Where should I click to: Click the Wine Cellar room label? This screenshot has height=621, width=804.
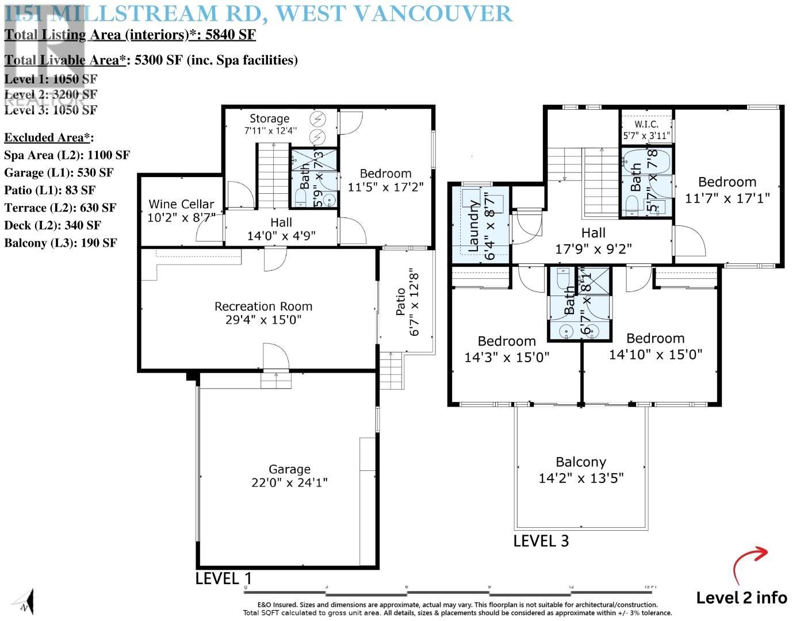coord(181,210)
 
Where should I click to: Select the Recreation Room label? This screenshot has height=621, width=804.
coord(263,313)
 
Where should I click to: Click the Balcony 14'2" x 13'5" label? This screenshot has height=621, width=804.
coord(581,470)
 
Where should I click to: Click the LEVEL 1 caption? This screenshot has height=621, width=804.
coord(223,578)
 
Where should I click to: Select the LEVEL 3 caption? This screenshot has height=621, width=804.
coord(541,541)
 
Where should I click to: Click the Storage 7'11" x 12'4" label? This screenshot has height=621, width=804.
coord(269,124)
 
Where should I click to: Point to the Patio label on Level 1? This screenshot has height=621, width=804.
coord(407,303)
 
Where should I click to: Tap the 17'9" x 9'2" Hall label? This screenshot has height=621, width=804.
coord(593,241)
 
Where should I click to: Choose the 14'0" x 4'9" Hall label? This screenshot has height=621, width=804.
coord(281,228)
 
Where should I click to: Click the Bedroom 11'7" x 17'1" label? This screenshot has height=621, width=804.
coord(727,190)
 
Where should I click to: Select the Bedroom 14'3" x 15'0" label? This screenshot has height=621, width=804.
coord(507,349)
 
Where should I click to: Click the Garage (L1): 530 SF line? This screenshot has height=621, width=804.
coord(59,172)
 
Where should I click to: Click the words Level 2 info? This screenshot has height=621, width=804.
coord(741,598)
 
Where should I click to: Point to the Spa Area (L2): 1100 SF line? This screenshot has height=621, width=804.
coord(67,155)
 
